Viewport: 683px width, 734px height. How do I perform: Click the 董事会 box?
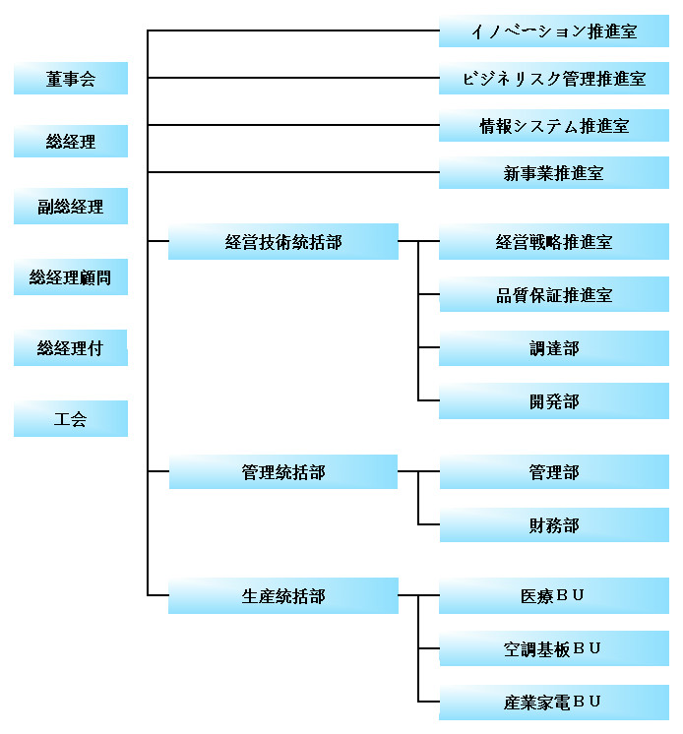click(x=71, y=78)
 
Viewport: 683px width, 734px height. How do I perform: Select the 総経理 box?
click(x=71, y=141)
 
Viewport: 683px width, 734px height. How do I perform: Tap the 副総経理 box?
click(x=71, y=206)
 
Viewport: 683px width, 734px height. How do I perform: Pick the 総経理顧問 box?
click(x=71, y=276)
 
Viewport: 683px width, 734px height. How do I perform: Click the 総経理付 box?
click(x=71, y=347)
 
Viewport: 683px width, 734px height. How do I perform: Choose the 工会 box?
click(x=71, y=418)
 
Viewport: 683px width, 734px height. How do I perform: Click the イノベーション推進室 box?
click(x=554, y=31)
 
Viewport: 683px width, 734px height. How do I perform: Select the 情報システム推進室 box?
click(x=554, y=126)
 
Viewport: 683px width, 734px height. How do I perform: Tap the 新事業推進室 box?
click(x=554, y=173)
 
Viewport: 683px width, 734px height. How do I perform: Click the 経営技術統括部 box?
click(x=283, y=241)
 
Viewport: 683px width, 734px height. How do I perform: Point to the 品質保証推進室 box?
click(x=554, y=294)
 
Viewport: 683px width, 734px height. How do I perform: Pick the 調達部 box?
click(x=554, y=348)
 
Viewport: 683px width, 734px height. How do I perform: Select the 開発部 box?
click(x=554, y=401)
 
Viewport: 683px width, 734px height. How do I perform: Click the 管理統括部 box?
click(x=283, y=472)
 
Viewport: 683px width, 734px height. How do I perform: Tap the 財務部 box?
click(x=554, y=525)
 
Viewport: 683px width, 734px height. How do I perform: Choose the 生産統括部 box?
click(x=283, y=595)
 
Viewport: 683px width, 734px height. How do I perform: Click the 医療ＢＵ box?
click(x=554, y=595)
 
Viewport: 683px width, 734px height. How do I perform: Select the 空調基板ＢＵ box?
click(x=554, y=648)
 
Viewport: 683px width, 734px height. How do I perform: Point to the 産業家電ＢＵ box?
click(x=554, y=703)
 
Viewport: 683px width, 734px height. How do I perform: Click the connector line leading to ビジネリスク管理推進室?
click(x=293, y=78)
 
